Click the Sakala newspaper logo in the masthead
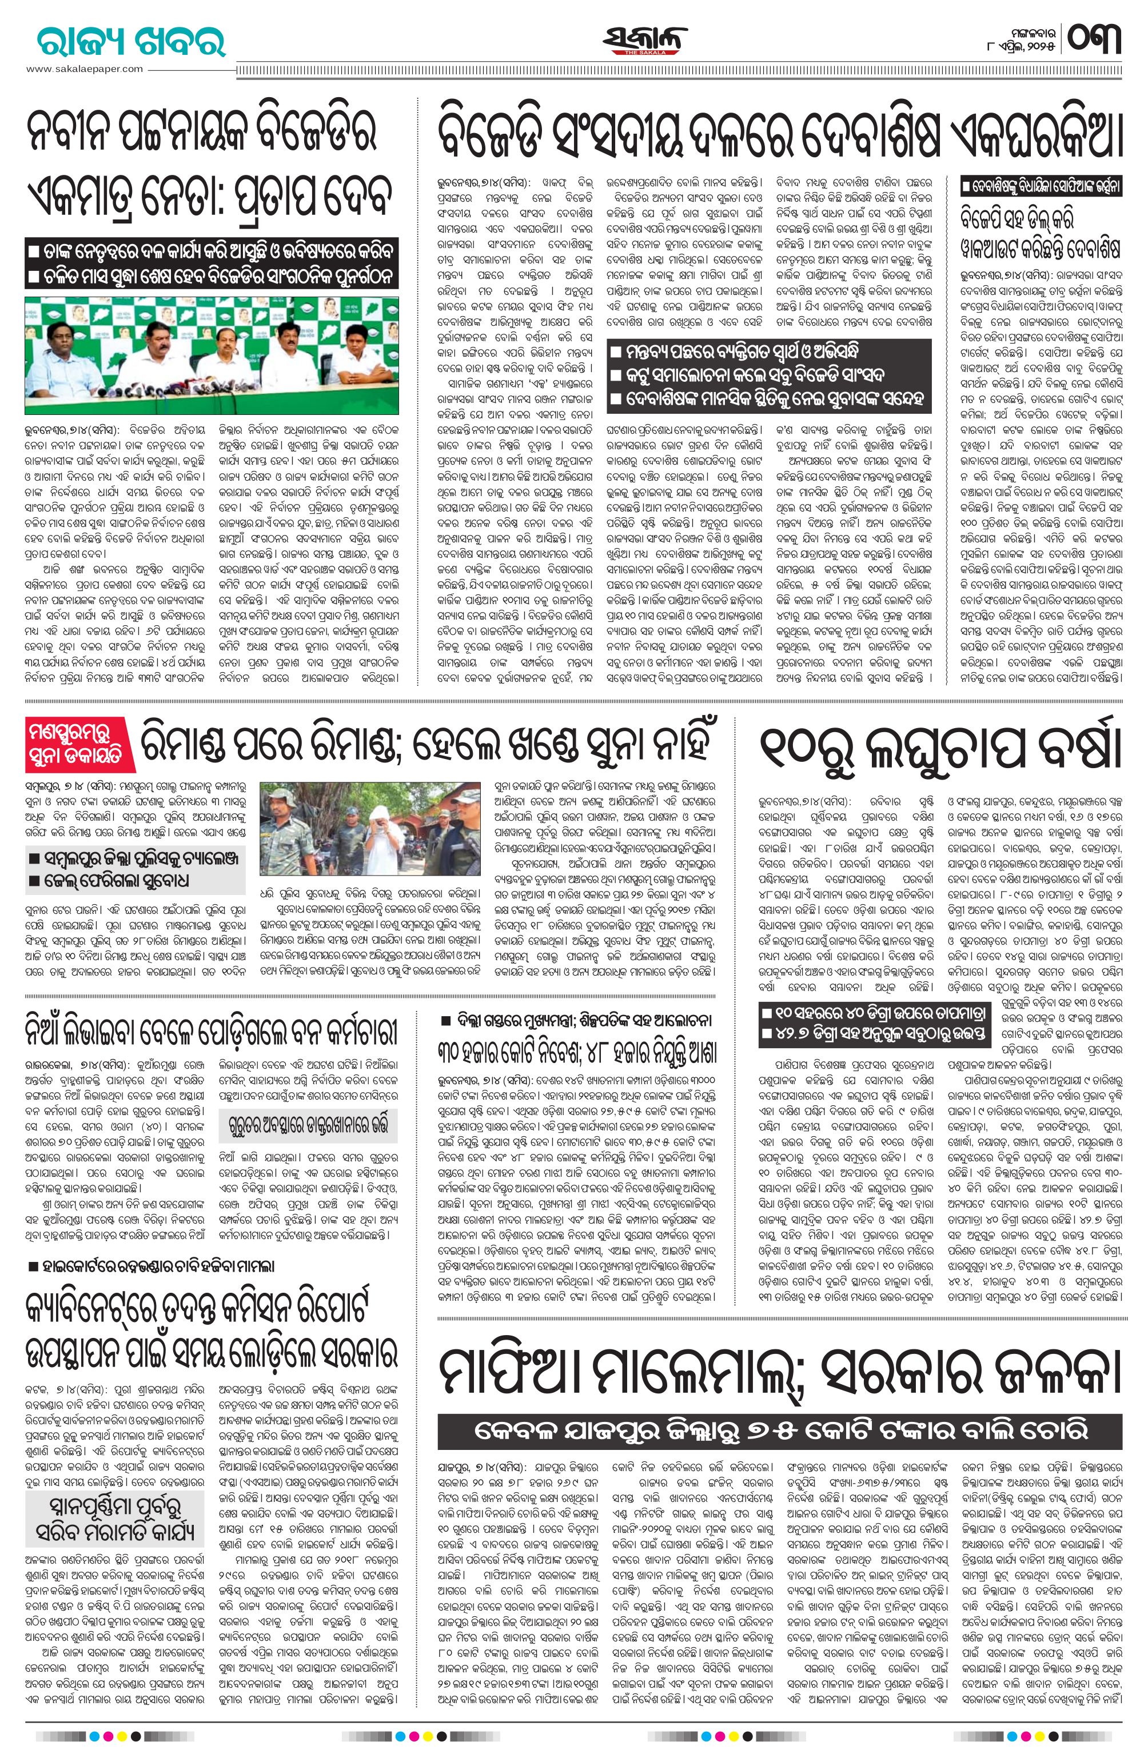(645, 41)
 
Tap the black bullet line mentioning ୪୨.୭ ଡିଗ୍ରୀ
(874, 1036)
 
